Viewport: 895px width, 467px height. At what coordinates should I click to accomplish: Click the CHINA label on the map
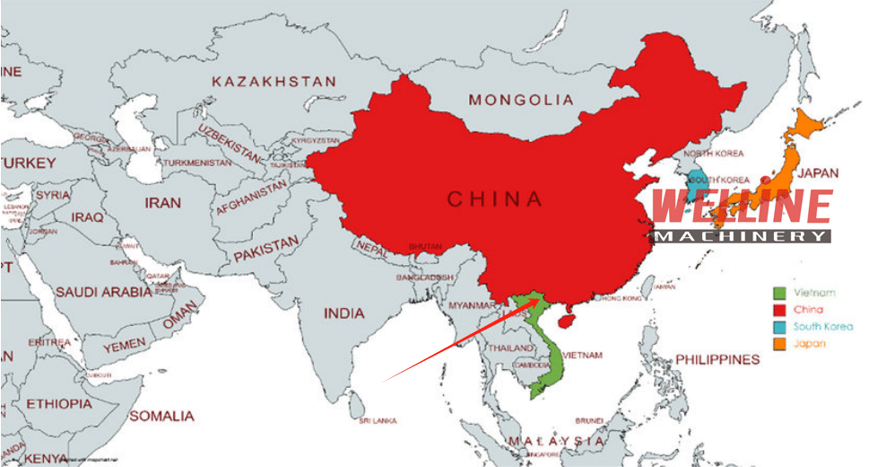(494, 198)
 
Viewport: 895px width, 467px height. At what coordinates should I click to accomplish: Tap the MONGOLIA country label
(521, 100)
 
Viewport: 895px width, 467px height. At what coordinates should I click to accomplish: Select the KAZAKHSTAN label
(274, 82)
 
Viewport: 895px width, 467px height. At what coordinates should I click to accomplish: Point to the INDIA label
(344, 313)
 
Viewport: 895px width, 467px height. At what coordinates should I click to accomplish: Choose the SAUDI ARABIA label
(103, 292)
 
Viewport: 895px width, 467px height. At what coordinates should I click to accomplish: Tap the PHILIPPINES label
(717, 359)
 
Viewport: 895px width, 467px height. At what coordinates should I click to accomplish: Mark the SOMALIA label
(161, 416)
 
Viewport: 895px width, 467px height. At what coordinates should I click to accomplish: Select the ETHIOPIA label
(59, 403)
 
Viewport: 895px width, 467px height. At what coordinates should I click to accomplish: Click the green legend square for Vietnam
(779, 293)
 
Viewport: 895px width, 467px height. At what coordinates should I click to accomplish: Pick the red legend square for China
(779, 310)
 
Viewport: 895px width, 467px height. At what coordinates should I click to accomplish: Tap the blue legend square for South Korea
(779, 327)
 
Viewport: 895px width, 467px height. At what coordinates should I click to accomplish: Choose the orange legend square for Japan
(779, 344)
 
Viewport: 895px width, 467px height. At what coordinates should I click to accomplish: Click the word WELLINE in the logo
(742, 207)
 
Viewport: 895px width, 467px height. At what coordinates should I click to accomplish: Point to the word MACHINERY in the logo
(742, 236)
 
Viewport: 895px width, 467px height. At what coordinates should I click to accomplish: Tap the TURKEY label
(29, 163)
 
